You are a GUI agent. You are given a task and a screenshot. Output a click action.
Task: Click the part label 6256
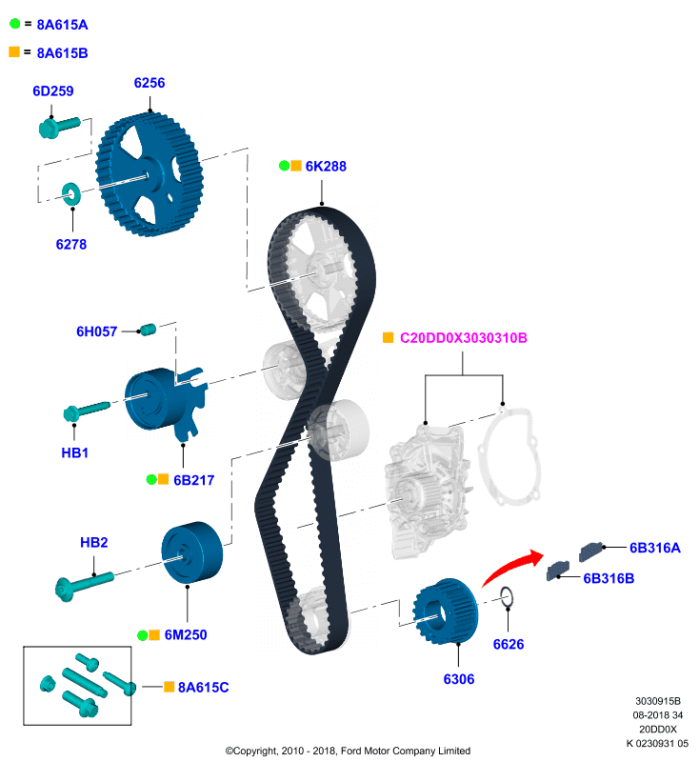coord(149,83)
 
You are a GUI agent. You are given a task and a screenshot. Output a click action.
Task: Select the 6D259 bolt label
coord(53,91)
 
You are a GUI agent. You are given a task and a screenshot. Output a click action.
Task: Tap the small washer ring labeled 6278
coord(70,194)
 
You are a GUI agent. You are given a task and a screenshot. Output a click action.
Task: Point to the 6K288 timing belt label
coord(326,166)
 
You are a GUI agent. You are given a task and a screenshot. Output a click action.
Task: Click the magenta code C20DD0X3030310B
coord(463,338)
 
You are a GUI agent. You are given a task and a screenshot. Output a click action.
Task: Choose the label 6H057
coord(96,331)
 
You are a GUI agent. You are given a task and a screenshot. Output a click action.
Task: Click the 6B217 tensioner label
coord(193,480)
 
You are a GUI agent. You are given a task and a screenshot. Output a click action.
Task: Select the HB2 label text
coord(93,543)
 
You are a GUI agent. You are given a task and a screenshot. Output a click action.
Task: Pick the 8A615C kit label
coord(204,687)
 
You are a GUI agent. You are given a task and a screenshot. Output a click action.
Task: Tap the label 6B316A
coord(654,548)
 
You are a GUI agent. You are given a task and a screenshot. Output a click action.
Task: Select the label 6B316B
coord(608,577)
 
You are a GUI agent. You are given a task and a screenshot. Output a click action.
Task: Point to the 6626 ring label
coord(509,644)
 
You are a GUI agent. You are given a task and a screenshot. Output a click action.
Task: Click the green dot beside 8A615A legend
coord(14,22)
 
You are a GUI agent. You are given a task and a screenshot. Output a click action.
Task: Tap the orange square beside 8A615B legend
coord(14,51)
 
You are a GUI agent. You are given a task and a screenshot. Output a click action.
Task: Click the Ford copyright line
coord(348,751)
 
